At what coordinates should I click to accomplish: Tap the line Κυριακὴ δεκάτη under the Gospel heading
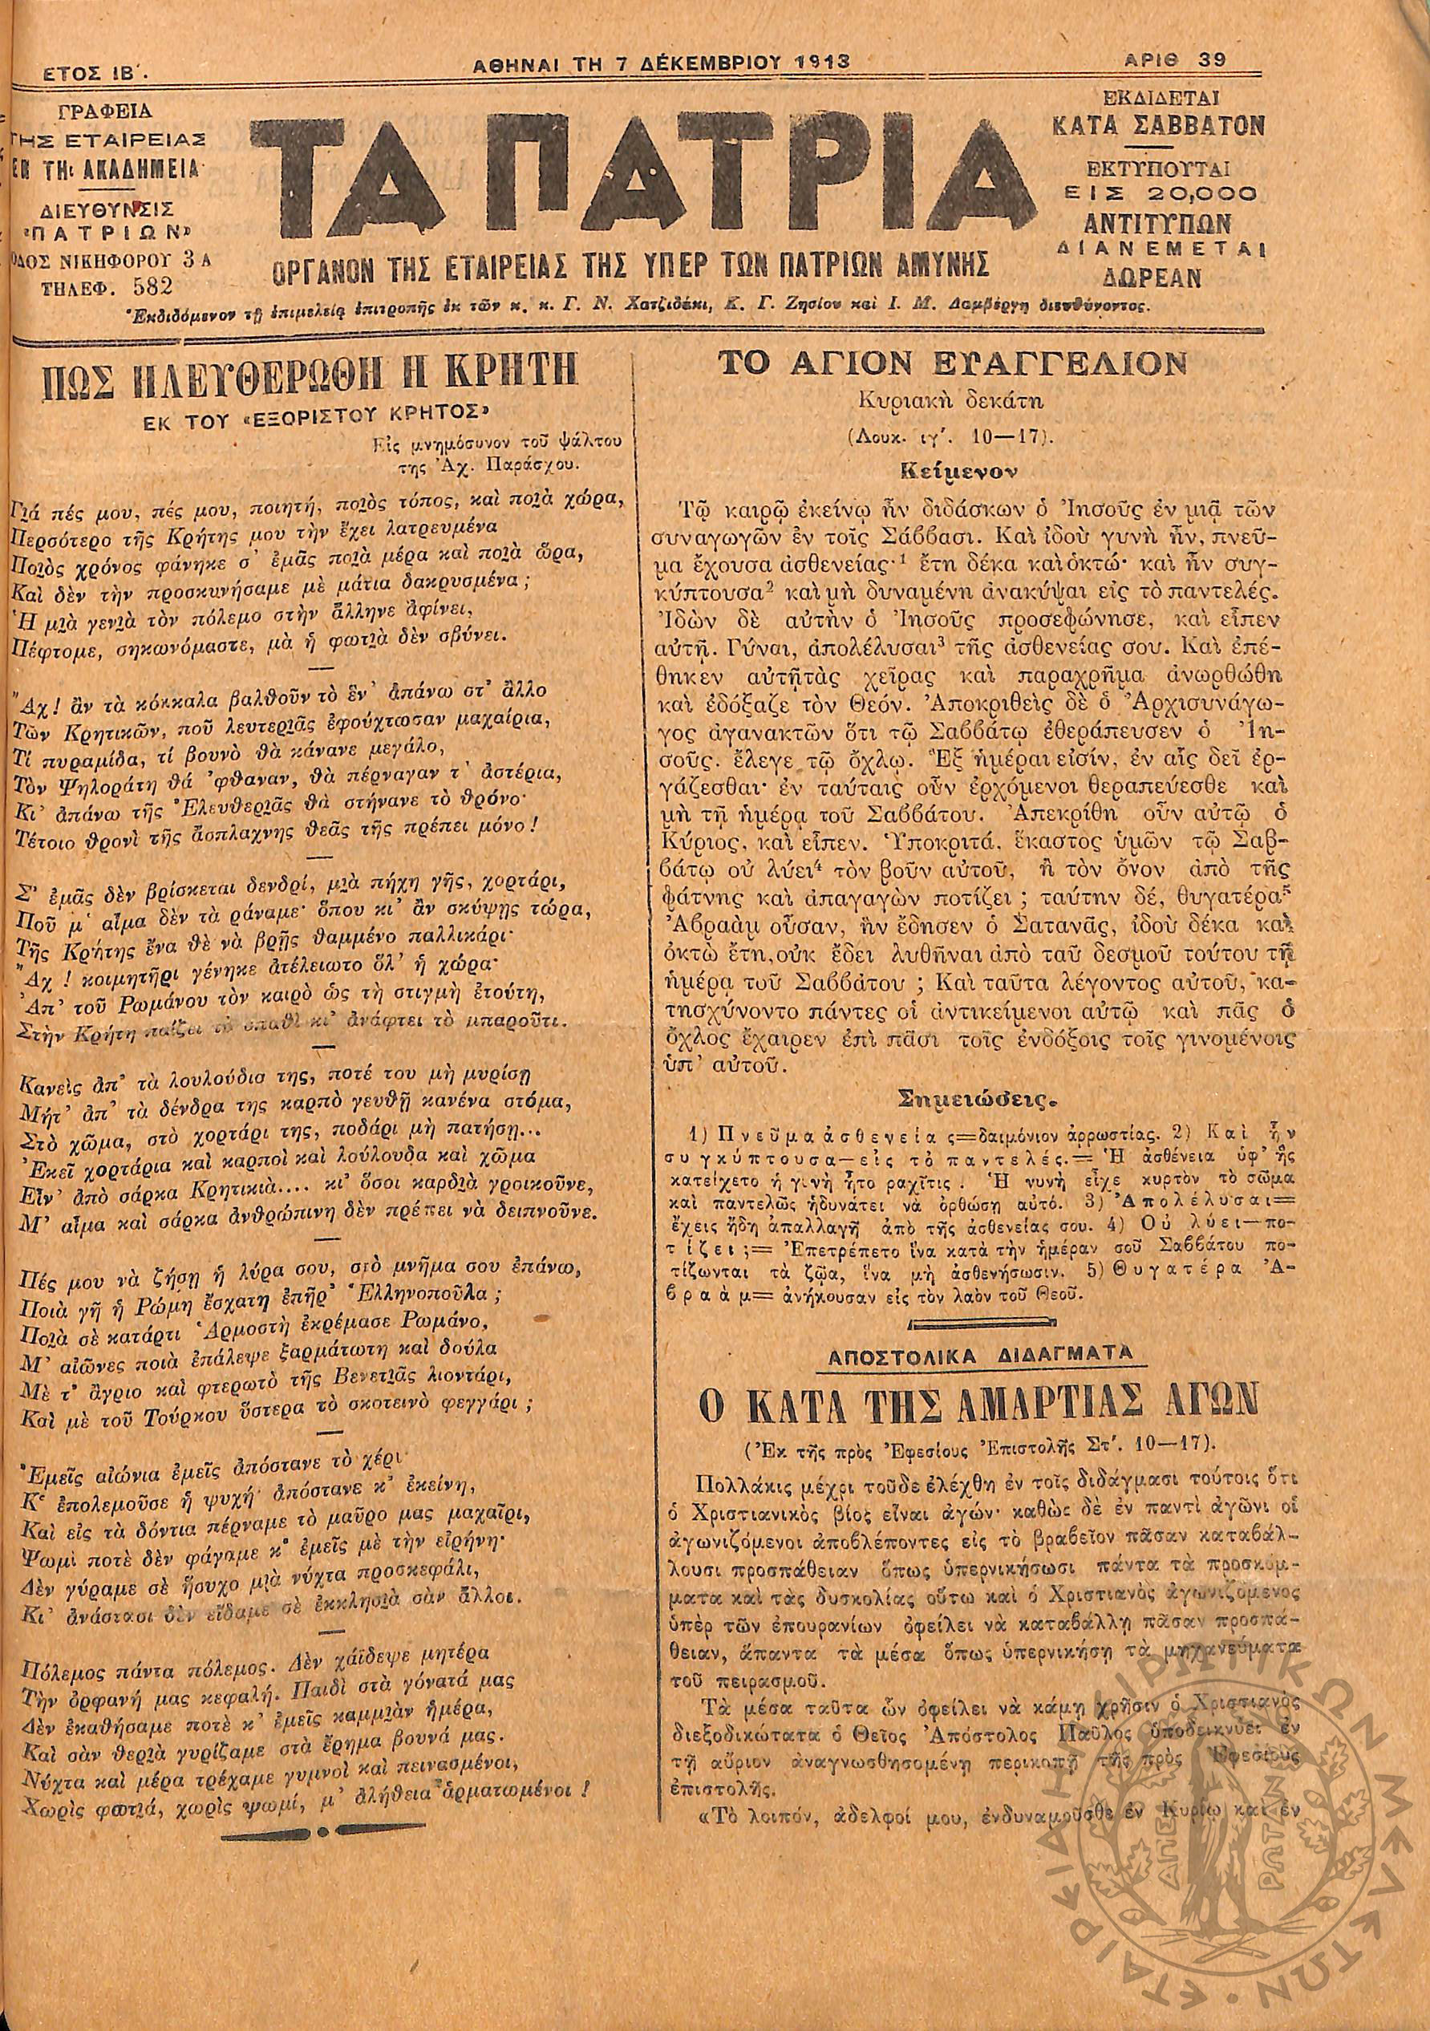pos(950,399)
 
